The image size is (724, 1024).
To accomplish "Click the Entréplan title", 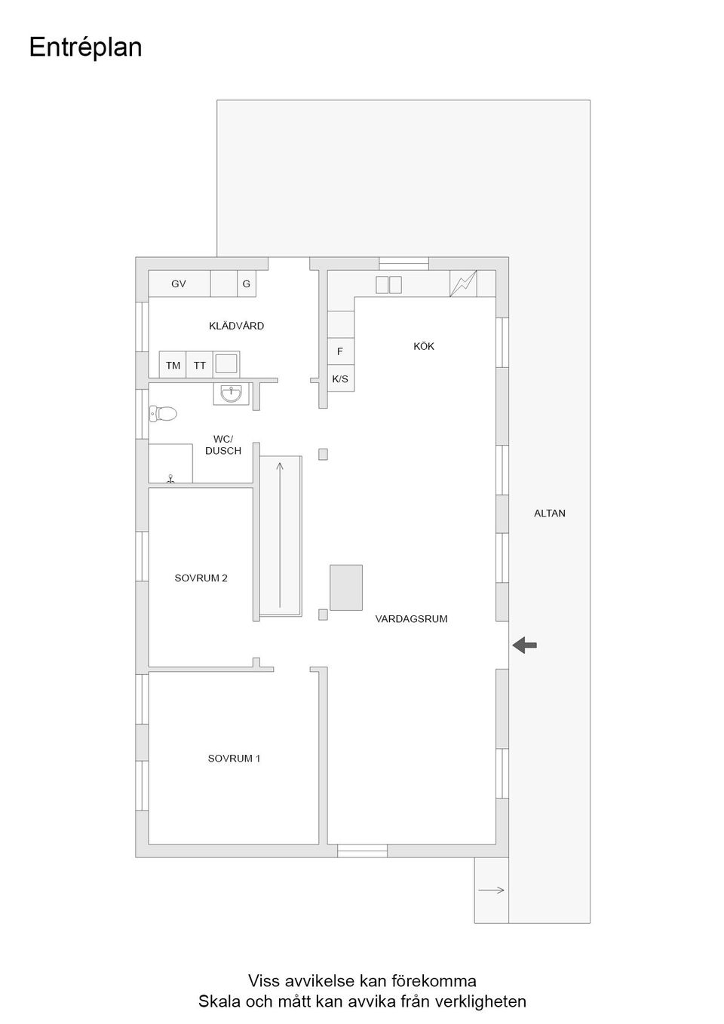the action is [x=85, y=48].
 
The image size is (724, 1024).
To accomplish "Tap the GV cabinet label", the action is [x=178, y=284].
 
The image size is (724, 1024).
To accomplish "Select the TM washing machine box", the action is [x=173, y=365].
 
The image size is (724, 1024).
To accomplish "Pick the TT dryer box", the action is [x=199, y=365].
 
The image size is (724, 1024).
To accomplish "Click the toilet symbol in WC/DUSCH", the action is [x=163, y=414].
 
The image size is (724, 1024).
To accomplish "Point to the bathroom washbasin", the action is [x=232, y=394].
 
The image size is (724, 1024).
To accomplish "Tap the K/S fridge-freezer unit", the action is [x=341, y=378].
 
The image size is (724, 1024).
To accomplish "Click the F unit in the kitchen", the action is [x=341, y=351].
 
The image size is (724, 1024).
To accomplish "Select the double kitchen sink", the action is [x=388, y=285].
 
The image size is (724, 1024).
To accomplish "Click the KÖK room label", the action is [x=424, y=347].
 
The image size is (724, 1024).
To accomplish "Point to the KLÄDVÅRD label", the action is [x=236, y=326].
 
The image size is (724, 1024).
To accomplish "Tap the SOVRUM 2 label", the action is [x=201, y=578].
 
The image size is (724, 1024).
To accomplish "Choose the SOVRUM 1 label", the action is [x=234, y=759].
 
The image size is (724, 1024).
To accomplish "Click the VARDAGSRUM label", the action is [x=411, y=619].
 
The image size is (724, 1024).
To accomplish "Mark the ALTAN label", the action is [x=549, y=514].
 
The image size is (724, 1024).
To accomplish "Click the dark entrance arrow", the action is [x=524, y=645].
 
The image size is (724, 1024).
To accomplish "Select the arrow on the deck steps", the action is [x=492, y=890].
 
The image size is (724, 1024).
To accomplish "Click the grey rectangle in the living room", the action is [x=346, y=587].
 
